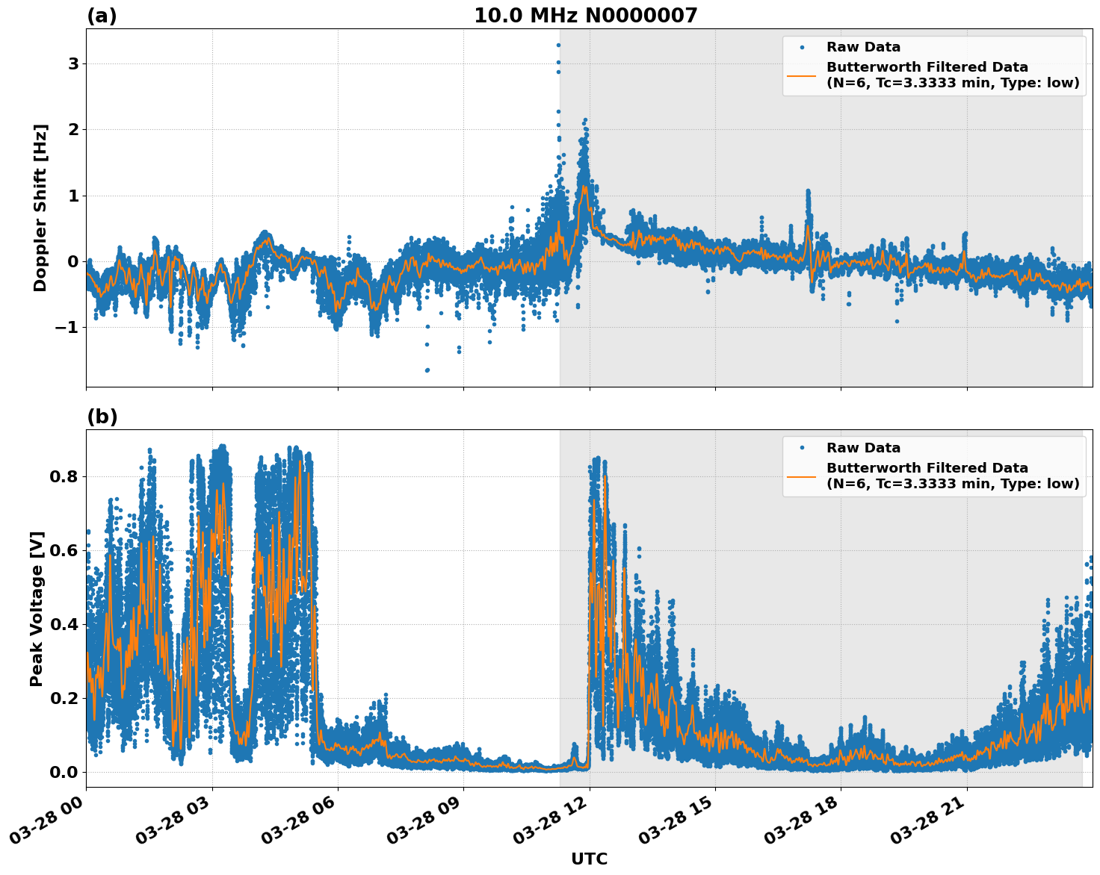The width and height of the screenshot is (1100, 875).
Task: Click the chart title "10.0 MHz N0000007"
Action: (585, 16)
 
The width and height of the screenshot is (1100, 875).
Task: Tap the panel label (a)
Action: (102, 16)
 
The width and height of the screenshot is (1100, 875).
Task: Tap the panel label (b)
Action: (102, 417)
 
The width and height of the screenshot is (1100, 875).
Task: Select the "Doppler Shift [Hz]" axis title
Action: (40, 208)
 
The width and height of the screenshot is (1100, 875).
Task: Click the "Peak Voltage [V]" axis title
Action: (37, 608)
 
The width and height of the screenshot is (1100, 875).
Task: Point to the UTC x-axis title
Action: (589, 859)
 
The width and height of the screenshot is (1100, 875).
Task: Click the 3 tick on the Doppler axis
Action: (73, 64)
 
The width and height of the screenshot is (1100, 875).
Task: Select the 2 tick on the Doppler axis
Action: (73, 130)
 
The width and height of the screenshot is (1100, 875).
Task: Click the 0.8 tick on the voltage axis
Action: (64, 476)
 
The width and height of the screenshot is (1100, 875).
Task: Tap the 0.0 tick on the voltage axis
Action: (64, 772)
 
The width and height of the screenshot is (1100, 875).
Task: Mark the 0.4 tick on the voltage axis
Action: (64, 624)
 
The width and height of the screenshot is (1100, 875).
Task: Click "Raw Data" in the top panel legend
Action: (863, 47)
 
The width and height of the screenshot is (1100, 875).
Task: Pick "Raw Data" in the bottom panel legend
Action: (863, 448)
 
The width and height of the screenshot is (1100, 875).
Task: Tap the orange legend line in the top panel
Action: (801, 75)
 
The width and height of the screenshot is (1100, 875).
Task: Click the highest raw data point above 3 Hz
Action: (558, 45)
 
